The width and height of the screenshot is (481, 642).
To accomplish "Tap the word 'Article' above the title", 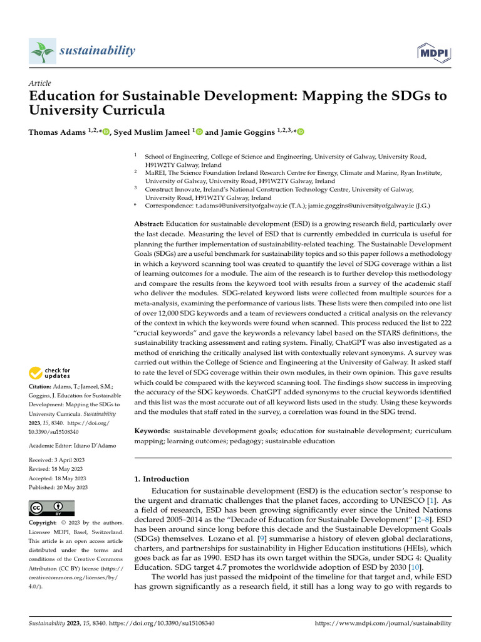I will [40, 83].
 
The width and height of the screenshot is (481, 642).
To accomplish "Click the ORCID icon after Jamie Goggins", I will [300, 132].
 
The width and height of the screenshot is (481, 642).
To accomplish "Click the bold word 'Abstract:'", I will [150, 224].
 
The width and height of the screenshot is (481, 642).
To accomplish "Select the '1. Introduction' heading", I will [162, 479].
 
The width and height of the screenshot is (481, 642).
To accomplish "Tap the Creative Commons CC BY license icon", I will [52, 508].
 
